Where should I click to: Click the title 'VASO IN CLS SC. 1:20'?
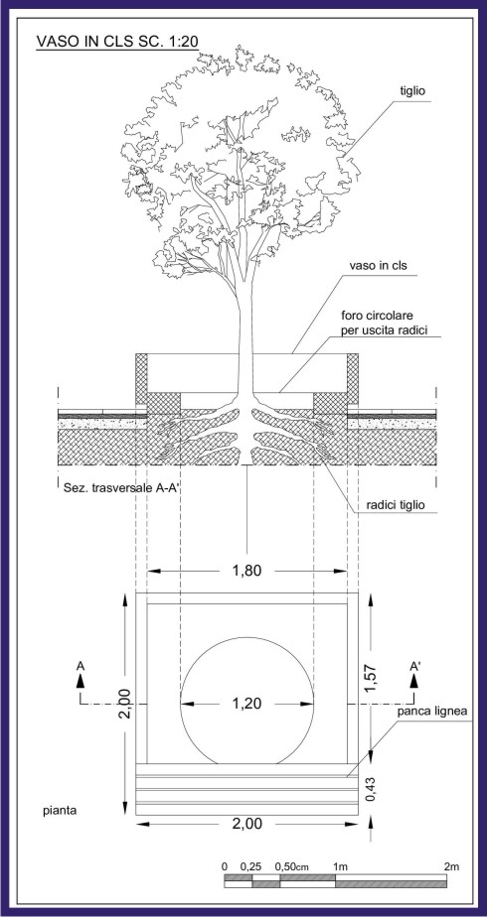pyautogui.click(x=117, y=41)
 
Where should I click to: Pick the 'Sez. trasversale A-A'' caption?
pyautogui.click(x=119, y=485)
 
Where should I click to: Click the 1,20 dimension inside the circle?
pyautogui.click(x=246, y=704)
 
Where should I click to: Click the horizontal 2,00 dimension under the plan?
pyautogui.click(x=246, y=824)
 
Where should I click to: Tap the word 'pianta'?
pyautogui.click(x=60, y=811)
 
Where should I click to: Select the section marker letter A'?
pyautogui.click(x=416, y=666)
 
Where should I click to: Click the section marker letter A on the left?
pyautogui.click(x=81, y=666)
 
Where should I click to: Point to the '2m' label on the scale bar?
pyautogui.click(x=451, y=866)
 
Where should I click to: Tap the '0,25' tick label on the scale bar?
pyautogui.click(x=251, y=866)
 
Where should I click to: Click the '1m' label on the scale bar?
pyautogui.click(x=340, y=866)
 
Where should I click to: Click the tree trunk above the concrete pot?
pyautogui.click(x=245, y=327)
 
